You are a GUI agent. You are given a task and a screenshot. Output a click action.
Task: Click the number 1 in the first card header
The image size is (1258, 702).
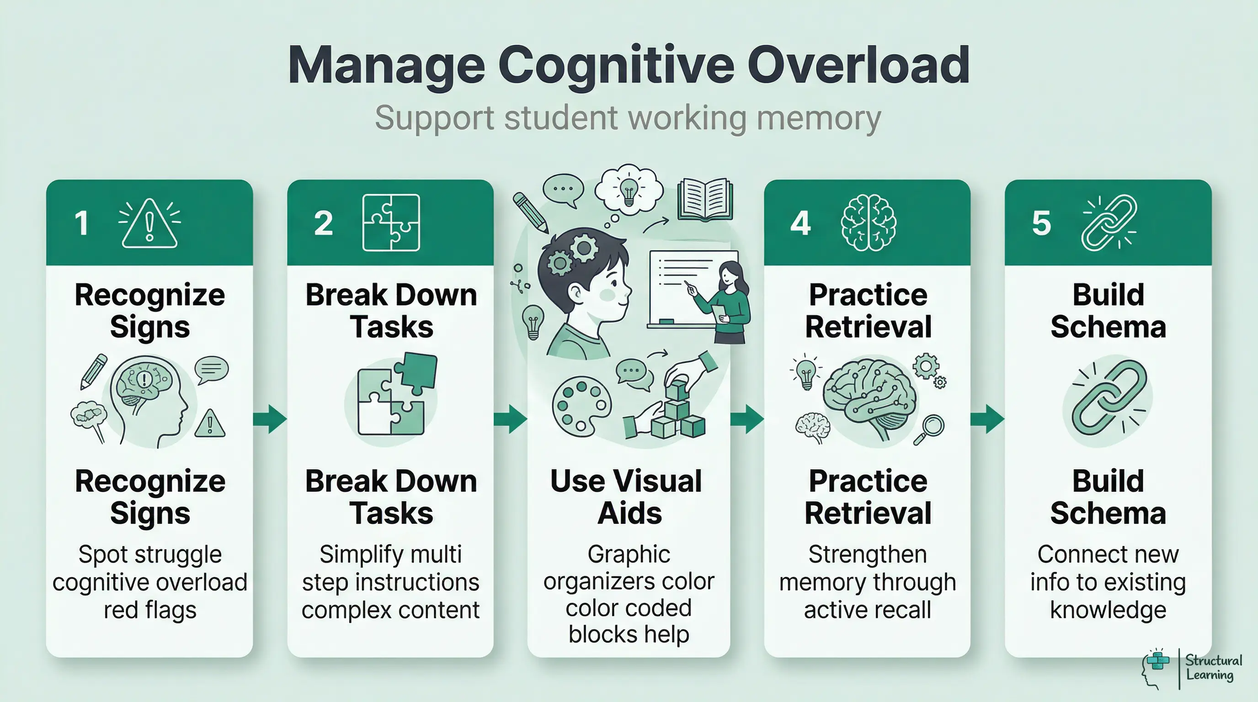(x=81, y=223)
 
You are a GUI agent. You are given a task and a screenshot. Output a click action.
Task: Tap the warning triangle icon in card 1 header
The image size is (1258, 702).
(x=149, y=224)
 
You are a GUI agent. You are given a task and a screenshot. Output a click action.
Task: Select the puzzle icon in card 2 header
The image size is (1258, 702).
(x=391, y=223)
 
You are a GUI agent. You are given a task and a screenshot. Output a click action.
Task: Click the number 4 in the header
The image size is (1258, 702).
(x=800, y=223)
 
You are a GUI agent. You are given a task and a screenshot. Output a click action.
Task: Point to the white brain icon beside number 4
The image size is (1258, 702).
(x=868, y=223)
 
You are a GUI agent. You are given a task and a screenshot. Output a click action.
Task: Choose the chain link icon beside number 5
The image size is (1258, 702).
(x=1109, y=223)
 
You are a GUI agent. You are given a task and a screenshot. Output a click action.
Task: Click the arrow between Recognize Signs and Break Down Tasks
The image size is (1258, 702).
(x=270, y=419)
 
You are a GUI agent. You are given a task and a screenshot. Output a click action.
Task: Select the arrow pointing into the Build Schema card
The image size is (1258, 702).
(x=987, y=419)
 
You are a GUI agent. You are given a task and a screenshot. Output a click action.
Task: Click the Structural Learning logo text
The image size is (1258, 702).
(x=1213, y=668)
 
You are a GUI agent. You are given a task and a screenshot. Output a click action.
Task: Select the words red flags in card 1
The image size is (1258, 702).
(x=150, y=610)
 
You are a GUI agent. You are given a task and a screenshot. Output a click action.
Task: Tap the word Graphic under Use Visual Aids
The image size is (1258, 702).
(x=629, y=554)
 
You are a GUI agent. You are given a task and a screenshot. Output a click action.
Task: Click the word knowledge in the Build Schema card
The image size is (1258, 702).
(x=1108, y=610)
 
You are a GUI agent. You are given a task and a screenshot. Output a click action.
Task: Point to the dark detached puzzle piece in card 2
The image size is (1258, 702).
(x=416, y=372)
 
